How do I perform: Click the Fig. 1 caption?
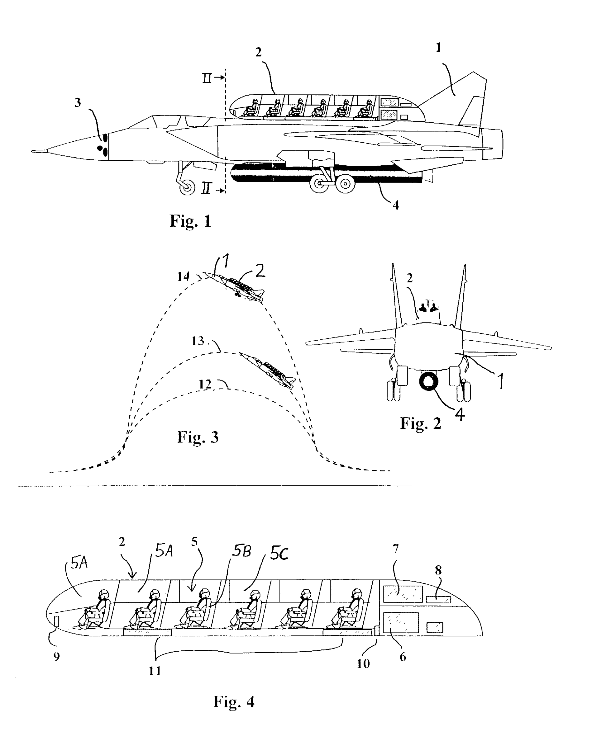click(190, 221)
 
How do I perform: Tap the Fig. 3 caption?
click(198, 437)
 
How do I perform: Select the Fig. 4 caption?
click(234, 702)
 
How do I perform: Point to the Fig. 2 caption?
click(421, 423)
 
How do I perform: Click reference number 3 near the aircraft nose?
click(78, 102)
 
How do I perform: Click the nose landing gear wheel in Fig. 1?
click(187, 187)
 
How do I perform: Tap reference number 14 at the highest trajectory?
click(183, 276)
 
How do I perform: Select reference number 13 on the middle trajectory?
click(198, 341)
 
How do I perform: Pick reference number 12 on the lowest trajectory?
click(205, 385)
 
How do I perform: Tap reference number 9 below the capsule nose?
click(57, 657)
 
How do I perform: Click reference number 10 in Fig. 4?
click(363, 663)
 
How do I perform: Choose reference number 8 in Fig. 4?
click(438, 570)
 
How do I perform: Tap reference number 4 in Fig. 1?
click(396, 205)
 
